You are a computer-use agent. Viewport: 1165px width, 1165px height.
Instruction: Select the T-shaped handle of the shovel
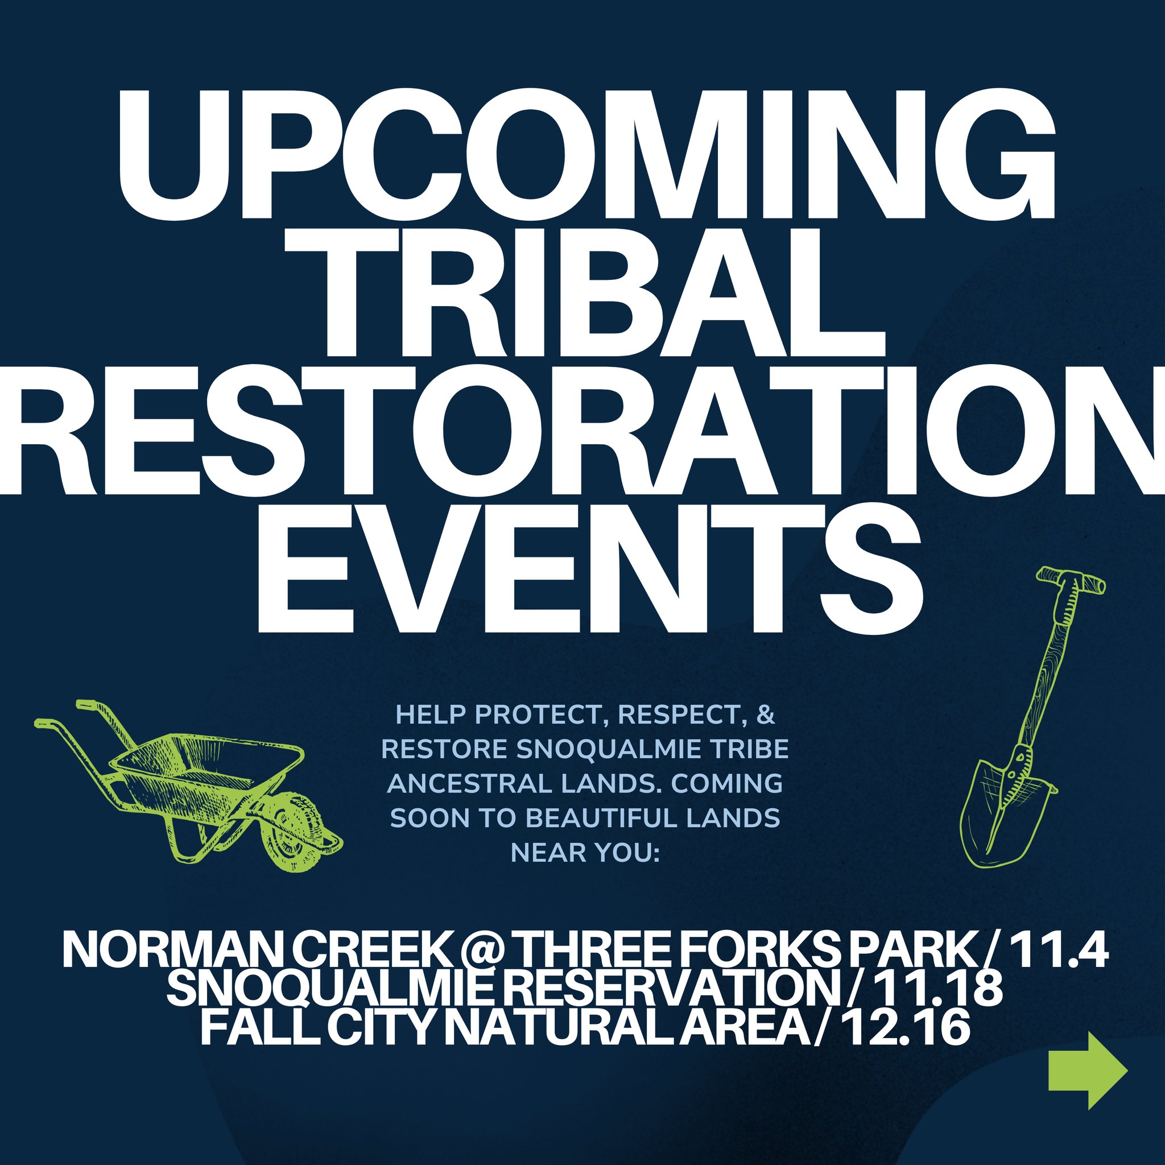[x=1071, y=580]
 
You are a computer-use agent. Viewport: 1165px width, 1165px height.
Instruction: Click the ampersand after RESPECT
[x=765, y=715]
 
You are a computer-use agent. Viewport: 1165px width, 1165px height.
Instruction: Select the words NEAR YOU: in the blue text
[x=585, y=853]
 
